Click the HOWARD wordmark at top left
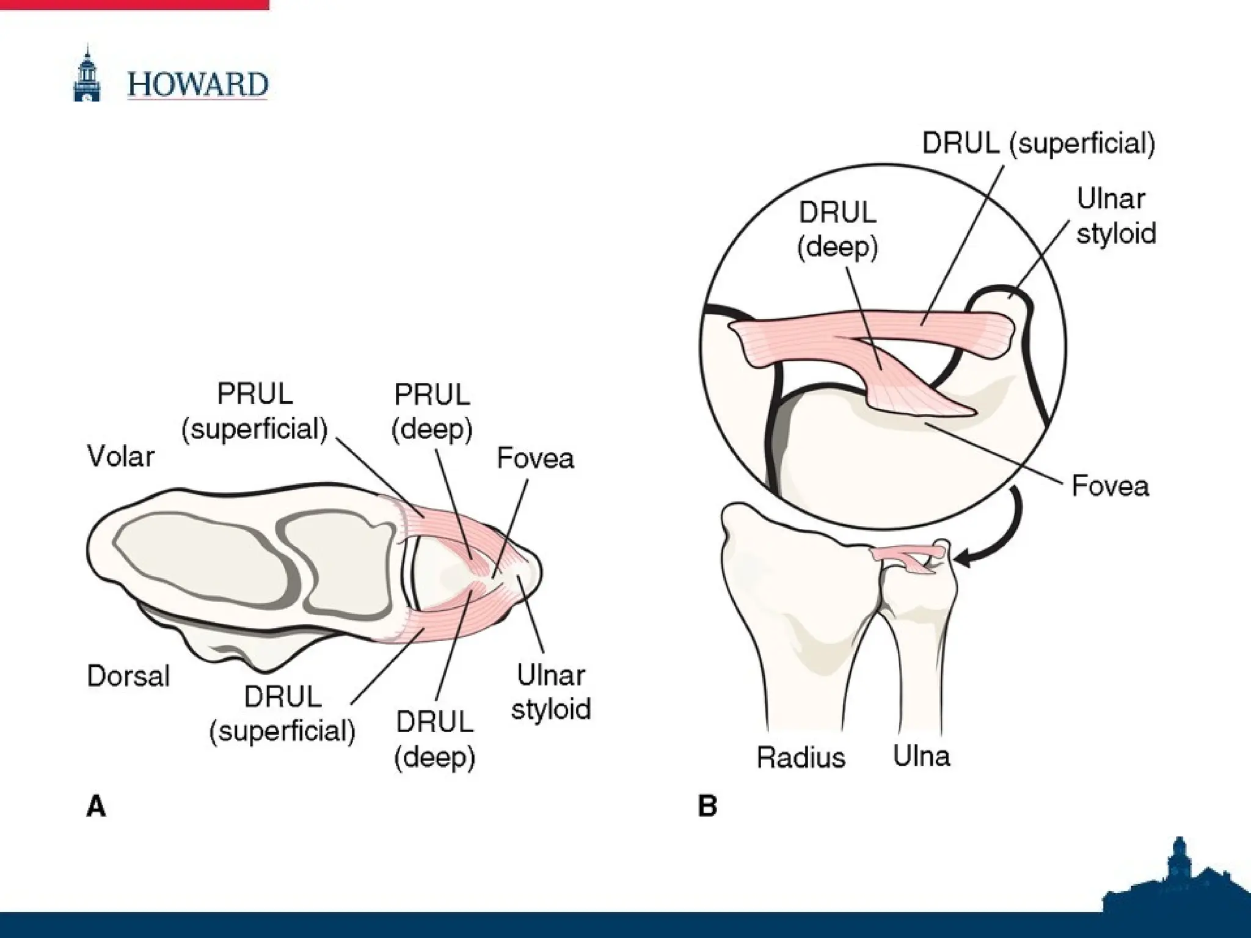(x=197, y=84)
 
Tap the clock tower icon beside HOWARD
(x=87, y=75)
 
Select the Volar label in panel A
(x=121, y=456)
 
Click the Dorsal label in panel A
(x=128, y=676)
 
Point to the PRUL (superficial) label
(x=255, y=412)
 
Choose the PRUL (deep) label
(x=432, y=412)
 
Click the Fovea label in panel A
(x=535, y=458)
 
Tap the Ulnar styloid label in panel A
(x=550, y=692)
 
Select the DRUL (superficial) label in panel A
(x=282, y=714)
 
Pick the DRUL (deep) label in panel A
(x=434, y=740)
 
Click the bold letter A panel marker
(x=97, y=806)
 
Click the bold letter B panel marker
(x=707, y=806)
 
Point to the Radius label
(x=801, y=757)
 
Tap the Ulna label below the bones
(x=921, y=756)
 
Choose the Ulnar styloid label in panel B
(x=1115, y=216)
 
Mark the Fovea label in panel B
(x=1110, y=486)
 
